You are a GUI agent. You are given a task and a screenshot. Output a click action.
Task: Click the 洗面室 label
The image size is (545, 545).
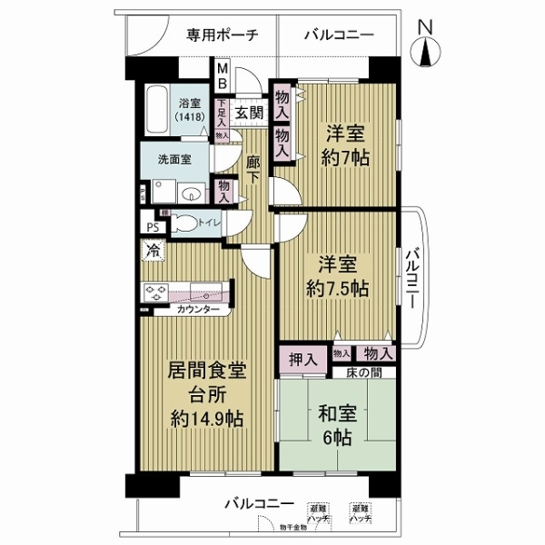click(x=173, y=158)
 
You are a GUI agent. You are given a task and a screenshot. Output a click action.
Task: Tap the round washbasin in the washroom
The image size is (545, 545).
click(x=193, y=193)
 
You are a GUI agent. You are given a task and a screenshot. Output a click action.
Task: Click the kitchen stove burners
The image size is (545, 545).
click(x=154, y=293)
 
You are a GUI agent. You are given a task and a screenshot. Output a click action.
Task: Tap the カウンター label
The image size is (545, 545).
click(x=199, y=311)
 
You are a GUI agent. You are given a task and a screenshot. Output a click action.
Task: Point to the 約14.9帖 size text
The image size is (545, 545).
click(x=208, y=420)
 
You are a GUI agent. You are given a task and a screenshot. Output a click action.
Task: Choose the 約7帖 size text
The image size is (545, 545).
click(x=346, y=155)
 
